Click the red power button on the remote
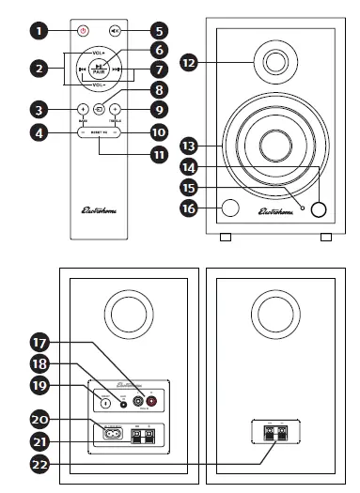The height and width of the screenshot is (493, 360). click(x=83, y=30)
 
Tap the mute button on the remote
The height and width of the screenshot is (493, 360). click(x=115, y=30)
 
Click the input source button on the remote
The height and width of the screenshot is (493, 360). click(x=99, y=108)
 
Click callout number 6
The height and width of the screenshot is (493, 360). click(x=158, y=49)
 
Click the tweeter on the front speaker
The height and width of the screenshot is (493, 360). click(x=275, y=63)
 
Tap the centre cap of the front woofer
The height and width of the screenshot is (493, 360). click(x=275, y=147)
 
